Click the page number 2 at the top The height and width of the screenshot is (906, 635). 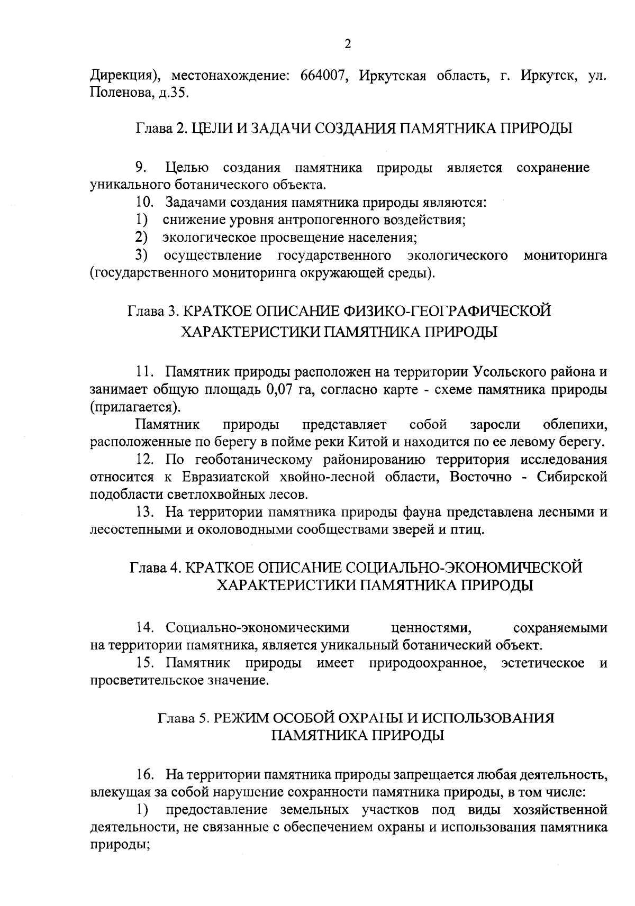[x=347, y=44]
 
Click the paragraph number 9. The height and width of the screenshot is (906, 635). [x=140, y=168]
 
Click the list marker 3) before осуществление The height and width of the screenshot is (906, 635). [x=141, y=255]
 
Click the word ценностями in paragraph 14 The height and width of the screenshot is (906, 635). [x=431, y=628]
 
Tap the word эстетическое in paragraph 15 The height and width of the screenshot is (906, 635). [x=542, y=663]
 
